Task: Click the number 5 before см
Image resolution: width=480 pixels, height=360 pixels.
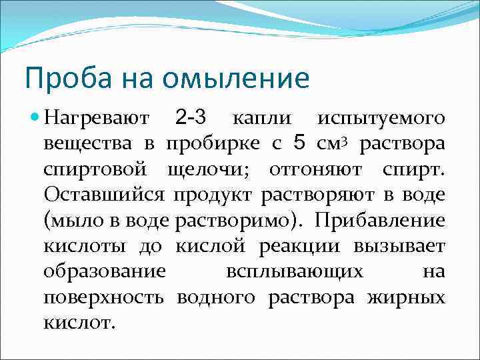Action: click(299, 143)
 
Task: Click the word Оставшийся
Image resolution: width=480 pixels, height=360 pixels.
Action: click(105, 195)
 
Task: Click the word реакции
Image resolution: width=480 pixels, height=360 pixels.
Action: click(297, 247)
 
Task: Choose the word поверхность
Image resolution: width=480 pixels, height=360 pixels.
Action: click(104, 298)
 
